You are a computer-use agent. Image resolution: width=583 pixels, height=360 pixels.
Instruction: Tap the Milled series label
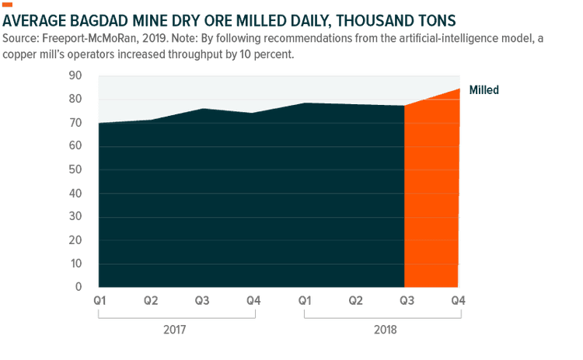[x=484, y=90]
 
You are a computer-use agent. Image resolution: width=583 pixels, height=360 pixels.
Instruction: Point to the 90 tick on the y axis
[x=75, y=75]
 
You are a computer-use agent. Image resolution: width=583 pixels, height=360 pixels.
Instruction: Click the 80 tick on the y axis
[x=75, y=99]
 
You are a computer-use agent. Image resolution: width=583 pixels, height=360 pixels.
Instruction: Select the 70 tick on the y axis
[x=75, y=123]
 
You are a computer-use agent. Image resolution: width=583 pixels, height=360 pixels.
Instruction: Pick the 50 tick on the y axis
[x=75, y=170]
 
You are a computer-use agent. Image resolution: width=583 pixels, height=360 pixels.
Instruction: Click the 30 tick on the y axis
[x=75, y=216]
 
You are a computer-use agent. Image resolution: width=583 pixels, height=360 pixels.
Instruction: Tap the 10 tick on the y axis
[x=75, y=264]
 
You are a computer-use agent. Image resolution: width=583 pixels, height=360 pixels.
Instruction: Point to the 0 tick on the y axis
[x=78, y=287]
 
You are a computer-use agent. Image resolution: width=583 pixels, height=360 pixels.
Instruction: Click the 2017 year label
[x=175, y=329]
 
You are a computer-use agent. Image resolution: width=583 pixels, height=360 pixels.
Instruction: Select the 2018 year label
[x=384, y=329]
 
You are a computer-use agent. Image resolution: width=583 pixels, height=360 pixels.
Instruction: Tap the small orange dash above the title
[x=9, y=5]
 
